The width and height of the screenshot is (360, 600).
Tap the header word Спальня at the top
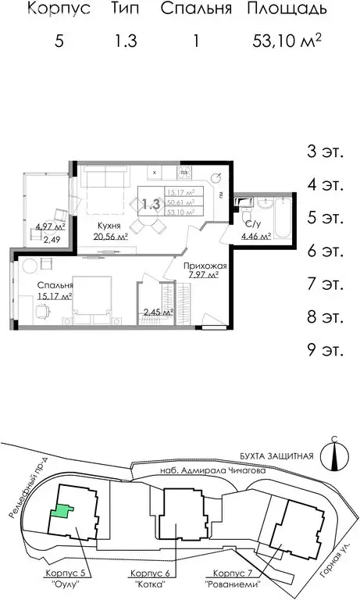pyautogui.click(x=197, y=9)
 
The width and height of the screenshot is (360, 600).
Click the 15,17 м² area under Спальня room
pyautogui.click(x=54, y=297)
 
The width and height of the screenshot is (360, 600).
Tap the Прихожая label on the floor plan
pyautogui.click(x=205, y=266)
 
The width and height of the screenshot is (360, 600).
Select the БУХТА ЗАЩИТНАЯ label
pyautogui.click(x=276, y=456)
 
